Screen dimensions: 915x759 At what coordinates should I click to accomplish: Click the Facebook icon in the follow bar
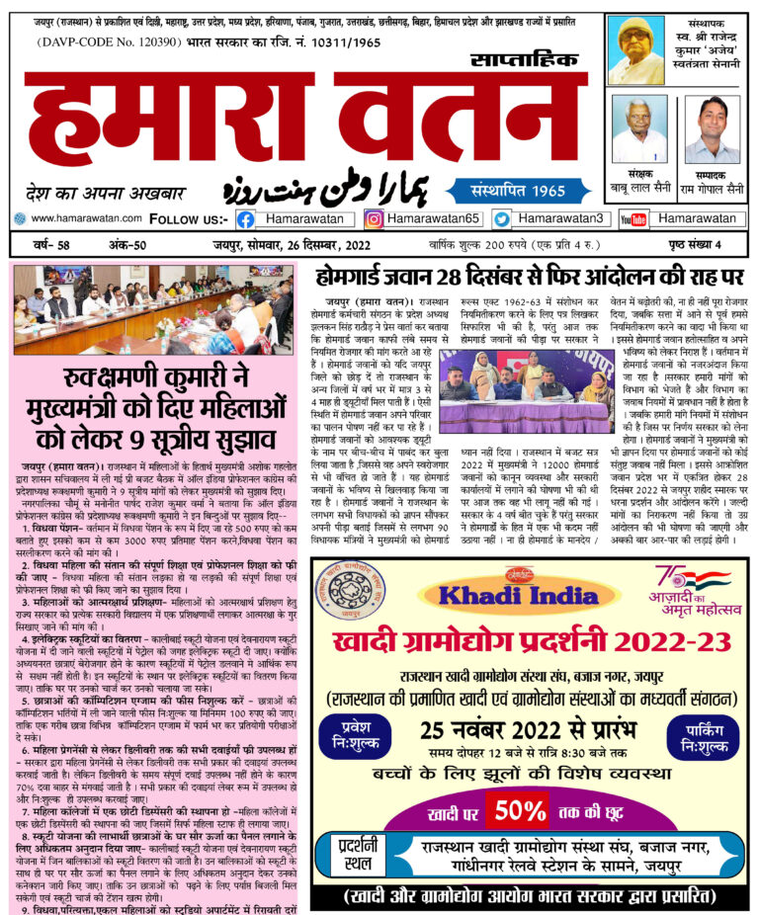point(245,218)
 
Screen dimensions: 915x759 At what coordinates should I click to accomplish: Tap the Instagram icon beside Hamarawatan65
point(375,218)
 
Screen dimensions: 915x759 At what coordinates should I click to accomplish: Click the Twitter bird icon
point(502,218)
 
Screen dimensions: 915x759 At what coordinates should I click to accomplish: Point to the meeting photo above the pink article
point(149,309)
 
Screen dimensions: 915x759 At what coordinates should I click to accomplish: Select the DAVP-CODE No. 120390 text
point(109,43)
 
